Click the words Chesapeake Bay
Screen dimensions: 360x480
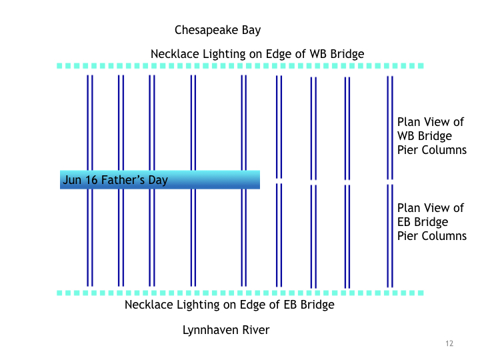point(217,30)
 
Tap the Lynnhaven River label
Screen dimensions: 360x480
point(226,330)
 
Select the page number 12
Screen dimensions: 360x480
point(449,343)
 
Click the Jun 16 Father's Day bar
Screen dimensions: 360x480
point(159,179)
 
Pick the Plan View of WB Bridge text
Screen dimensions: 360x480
point(431,136)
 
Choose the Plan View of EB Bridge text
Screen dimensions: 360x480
point(431,222)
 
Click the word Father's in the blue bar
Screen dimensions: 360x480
point(124,180)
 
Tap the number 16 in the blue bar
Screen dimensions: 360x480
point(92,180)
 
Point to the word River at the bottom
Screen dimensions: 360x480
point(255,330)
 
